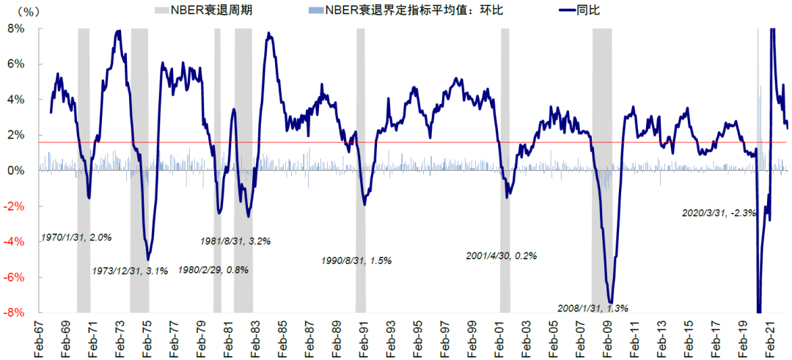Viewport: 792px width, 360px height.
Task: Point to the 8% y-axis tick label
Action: pos(16,29)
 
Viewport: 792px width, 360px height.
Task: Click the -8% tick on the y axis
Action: pos(14,313)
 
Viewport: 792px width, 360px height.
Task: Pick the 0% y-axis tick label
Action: pos(16,171)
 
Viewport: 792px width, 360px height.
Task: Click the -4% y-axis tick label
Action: pos(14,242)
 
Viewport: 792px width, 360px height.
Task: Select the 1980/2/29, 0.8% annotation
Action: pos(213,270)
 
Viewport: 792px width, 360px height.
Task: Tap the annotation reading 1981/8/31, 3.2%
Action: pos(235,240)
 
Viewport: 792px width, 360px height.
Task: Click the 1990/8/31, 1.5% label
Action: pos(357,260)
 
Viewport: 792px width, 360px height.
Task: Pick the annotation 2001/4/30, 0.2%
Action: pos(502,256)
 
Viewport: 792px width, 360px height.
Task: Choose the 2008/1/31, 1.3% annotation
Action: pos(593,308)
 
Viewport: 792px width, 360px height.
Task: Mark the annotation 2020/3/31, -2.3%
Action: pos(719,213)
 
